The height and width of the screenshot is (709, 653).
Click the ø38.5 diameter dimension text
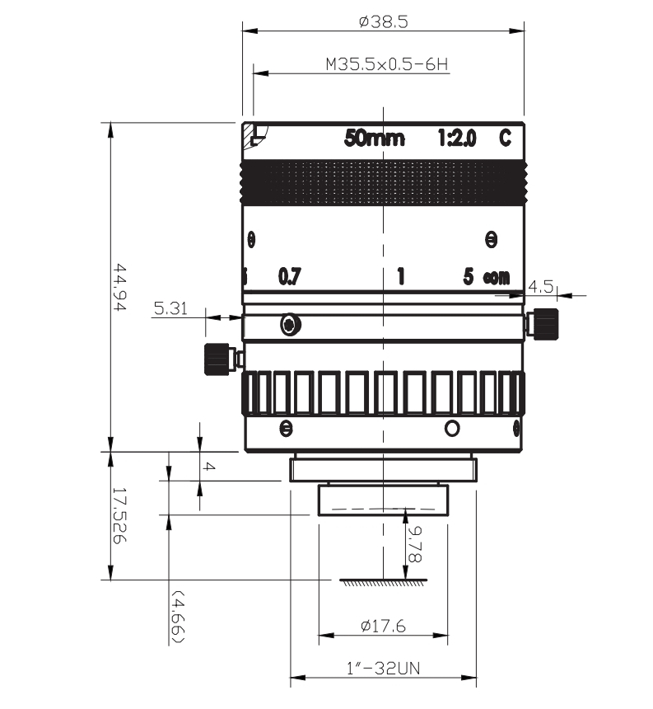point(384,21)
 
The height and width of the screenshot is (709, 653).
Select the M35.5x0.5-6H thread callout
point(387,64)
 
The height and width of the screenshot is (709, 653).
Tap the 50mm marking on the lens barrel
point(375,138)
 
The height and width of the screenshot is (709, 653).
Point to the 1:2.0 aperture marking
point(457,138)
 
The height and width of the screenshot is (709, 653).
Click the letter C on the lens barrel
point(506,138)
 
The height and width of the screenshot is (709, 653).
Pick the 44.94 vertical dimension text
point(119,287)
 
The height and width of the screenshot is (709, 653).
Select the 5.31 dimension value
point(170,308)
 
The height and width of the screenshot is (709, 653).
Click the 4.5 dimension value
point(540,286)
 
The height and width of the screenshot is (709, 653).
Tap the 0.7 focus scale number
point(290,276)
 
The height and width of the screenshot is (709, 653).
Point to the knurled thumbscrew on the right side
point(545,324)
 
